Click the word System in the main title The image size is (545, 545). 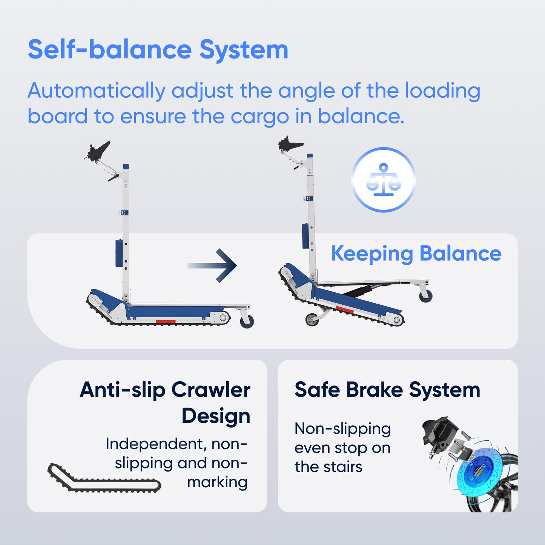click(244, 50)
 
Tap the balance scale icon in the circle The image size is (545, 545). click(383, 180)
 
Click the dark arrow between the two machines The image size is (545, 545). click(212, 266)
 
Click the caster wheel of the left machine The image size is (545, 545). click(247, 321)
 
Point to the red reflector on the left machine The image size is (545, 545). click(166, 322)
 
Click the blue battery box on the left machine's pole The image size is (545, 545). click(119, 253)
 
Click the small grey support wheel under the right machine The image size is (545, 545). click(312, 319)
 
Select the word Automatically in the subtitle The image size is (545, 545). click(97, 91)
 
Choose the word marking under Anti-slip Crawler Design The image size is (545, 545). click(217, 482)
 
